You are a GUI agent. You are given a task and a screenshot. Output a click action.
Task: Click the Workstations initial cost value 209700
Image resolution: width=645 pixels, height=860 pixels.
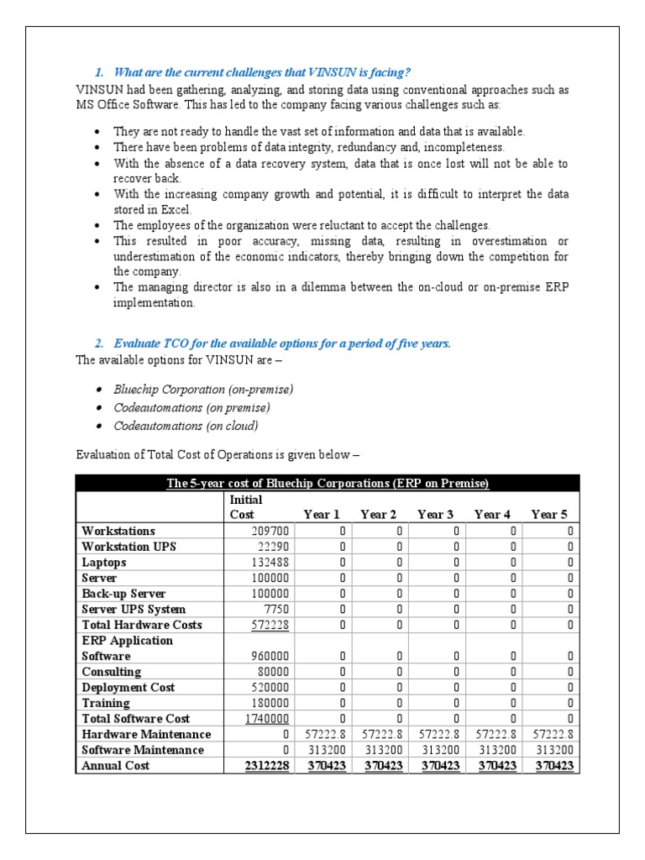pos(270,531)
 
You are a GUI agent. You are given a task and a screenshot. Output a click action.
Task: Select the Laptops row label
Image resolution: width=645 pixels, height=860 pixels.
pos(104,563)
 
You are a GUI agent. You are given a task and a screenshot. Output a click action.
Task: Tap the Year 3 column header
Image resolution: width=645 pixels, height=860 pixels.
pos(435,515)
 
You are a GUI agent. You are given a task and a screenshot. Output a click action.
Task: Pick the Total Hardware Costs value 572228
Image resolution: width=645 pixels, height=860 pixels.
pos(270,625)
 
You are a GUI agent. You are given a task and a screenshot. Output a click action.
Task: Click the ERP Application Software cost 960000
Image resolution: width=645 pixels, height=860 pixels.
pos(270,656)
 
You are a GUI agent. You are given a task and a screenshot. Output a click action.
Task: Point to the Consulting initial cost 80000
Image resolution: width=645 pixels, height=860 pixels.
pos(274,672)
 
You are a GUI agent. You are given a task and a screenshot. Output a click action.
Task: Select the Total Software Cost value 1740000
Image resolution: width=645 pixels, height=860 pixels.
pos(267,719)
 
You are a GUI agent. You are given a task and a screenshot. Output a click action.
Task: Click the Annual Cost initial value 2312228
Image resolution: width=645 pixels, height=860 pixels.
pos(267,766)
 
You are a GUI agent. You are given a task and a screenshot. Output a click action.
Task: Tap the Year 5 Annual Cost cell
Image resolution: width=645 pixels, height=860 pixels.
pos(552,766)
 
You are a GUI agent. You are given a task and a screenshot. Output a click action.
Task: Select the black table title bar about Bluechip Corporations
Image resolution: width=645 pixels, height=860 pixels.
pos(328,483)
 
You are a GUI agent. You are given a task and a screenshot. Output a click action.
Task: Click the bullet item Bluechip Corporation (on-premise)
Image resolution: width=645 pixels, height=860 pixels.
pos(203,390)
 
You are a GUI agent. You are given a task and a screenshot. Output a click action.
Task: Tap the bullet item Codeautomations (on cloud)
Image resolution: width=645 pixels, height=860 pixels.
pos(186,426)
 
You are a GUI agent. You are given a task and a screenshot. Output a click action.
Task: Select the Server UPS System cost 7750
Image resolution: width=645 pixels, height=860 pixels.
pos(276,609)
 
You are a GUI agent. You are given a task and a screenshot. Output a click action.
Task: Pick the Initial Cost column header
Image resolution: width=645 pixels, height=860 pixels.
pos(246,506)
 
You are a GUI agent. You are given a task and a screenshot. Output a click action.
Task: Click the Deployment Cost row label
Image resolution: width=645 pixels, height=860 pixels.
pos(128,688)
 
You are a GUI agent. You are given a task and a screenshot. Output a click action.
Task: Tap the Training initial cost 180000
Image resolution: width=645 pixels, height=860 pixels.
pos(270,703)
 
